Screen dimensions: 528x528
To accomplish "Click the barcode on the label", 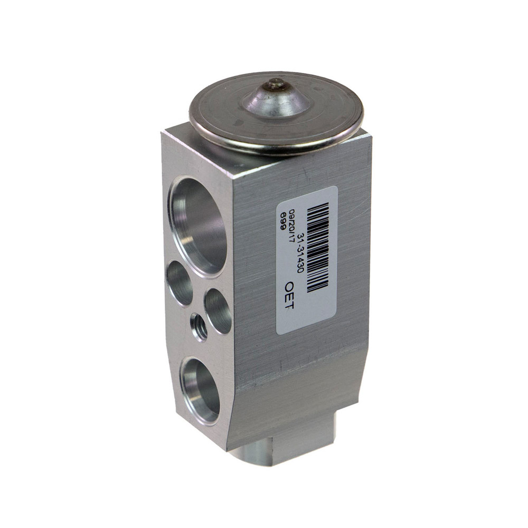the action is click(x=318, y=248).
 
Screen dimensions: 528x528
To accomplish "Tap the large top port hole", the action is click(x=198, y=227).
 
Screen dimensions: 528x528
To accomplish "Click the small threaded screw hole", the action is click(x=199, y=327).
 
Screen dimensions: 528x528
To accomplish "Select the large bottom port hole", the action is click(x=200, y=390).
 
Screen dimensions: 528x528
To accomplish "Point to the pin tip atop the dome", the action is click(x=277, y=83).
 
